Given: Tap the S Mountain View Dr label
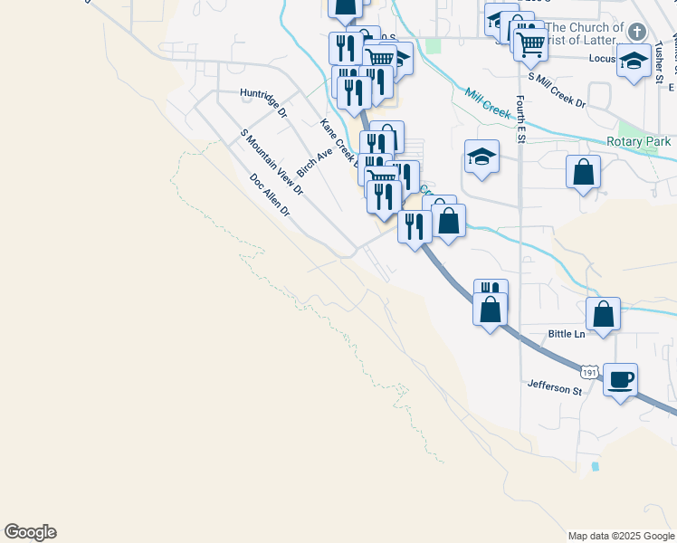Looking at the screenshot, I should coord(271,163).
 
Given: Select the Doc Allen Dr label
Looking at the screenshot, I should coord(270,195).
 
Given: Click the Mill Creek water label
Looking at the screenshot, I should coord(489,101).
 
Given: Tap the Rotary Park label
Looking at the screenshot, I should coord(639,142).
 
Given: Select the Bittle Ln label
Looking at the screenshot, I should coord(567,334).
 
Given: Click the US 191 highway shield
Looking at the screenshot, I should coord(589,371).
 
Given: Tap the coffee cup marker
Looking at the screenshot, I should coord(620,379).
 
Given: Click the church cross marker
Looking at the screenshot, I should coord(636,33).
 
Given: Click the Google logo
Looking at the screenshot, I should coord(30,532).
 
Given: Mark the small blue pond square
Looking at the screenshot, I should coord(595,467).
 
